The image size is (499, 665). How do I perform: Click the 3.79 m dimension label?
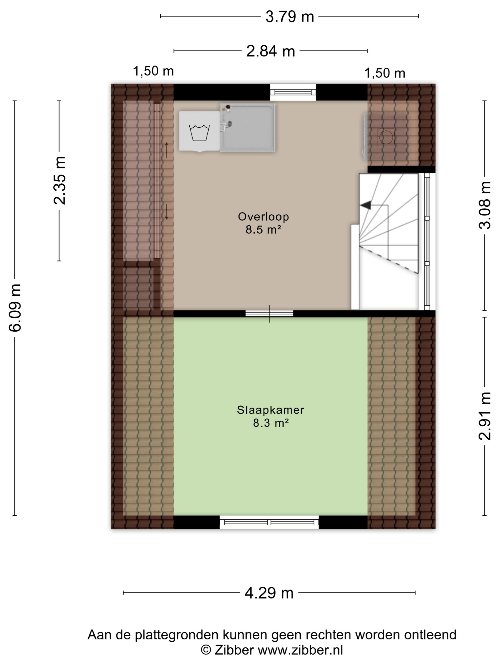click(289, 17)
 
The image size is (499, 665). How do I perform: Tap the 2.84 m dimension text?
click(270, 51)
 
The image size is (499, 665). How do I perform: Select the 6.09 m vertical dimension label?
click(15, 308)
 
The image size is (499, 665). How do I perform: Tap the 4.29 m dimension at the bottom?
click(269, 593)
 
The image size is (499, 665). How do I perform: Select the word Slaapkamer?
click(270, 410)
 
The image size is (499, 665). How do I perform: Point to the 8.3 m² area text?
click(271, 423)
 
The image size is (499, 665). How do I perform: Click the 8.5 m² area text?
click(263, 230)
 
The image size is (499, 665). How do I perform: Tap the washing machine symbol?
click(199, 131)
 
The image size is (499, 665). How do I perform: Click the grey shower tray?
click(248, 128)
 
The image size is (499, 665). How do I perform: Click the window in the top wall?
click(293, 92)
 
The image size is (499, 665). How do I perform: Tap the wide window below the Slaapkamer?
click(269, 522)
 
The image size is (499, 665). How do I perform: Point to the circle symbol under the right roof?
click(386, 137)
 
